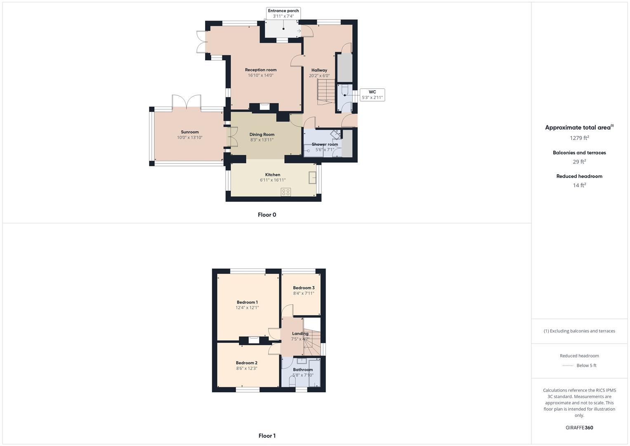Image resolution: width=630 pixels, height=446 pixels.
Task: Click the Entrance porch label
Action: (x=283, y=11)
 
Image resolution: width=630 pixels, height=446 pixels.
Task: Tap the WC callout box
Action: (x=372, y=95)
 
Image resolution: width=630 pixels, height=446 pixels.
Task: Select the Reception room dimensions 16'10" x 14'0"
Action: (x=260, y=76)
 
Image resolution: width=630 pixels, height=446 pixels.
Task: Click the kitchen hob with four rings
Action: (x=286, y=192)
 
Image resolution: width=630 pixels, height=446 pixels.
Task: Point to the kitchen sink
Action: (x=312, y=178)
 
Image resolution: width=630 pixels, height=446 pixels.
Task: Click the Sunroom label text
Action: (x=190, y=132)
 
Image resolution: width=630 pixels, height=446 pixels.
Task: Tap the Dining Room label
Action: (x=262, y=135)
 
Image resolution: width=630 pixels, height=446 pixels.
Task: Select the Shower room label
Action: (x=325, y=145)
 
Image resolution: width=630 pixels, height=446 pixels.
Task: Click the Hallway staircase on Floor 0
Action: (x=326, y=92)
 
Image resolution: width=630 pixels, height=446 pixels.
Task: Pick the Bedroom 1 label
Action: (x=247, y=302)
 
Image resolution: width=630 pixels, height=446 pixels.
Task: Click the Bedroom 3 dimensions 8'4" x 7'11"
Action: (x=304, y=294)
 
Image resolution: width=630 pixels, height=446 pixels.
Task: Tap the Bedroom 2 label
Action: (x=247, y=363)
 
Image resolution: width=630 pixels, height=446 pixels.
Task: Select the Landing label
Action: (x=300, y=334)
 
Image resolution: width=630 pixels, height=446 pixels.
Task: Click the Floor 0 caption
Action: (x=267, y=215)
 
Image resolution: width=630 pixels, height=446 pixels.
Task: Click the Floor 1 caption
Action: (x=267, y=436)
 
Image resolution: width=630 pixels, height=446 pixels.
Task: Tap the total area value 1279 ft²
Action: (x=579, y=138)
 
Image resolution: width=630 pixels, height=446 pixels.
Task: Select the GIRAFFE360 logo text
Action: (x=579, y=428)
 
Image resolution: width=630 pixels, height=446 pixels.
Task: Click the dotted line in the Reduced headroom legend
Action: (x=568, y=365)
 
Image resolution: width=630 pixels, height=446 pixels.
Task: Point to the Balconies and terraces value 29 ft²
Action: (x=579, y=162)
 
